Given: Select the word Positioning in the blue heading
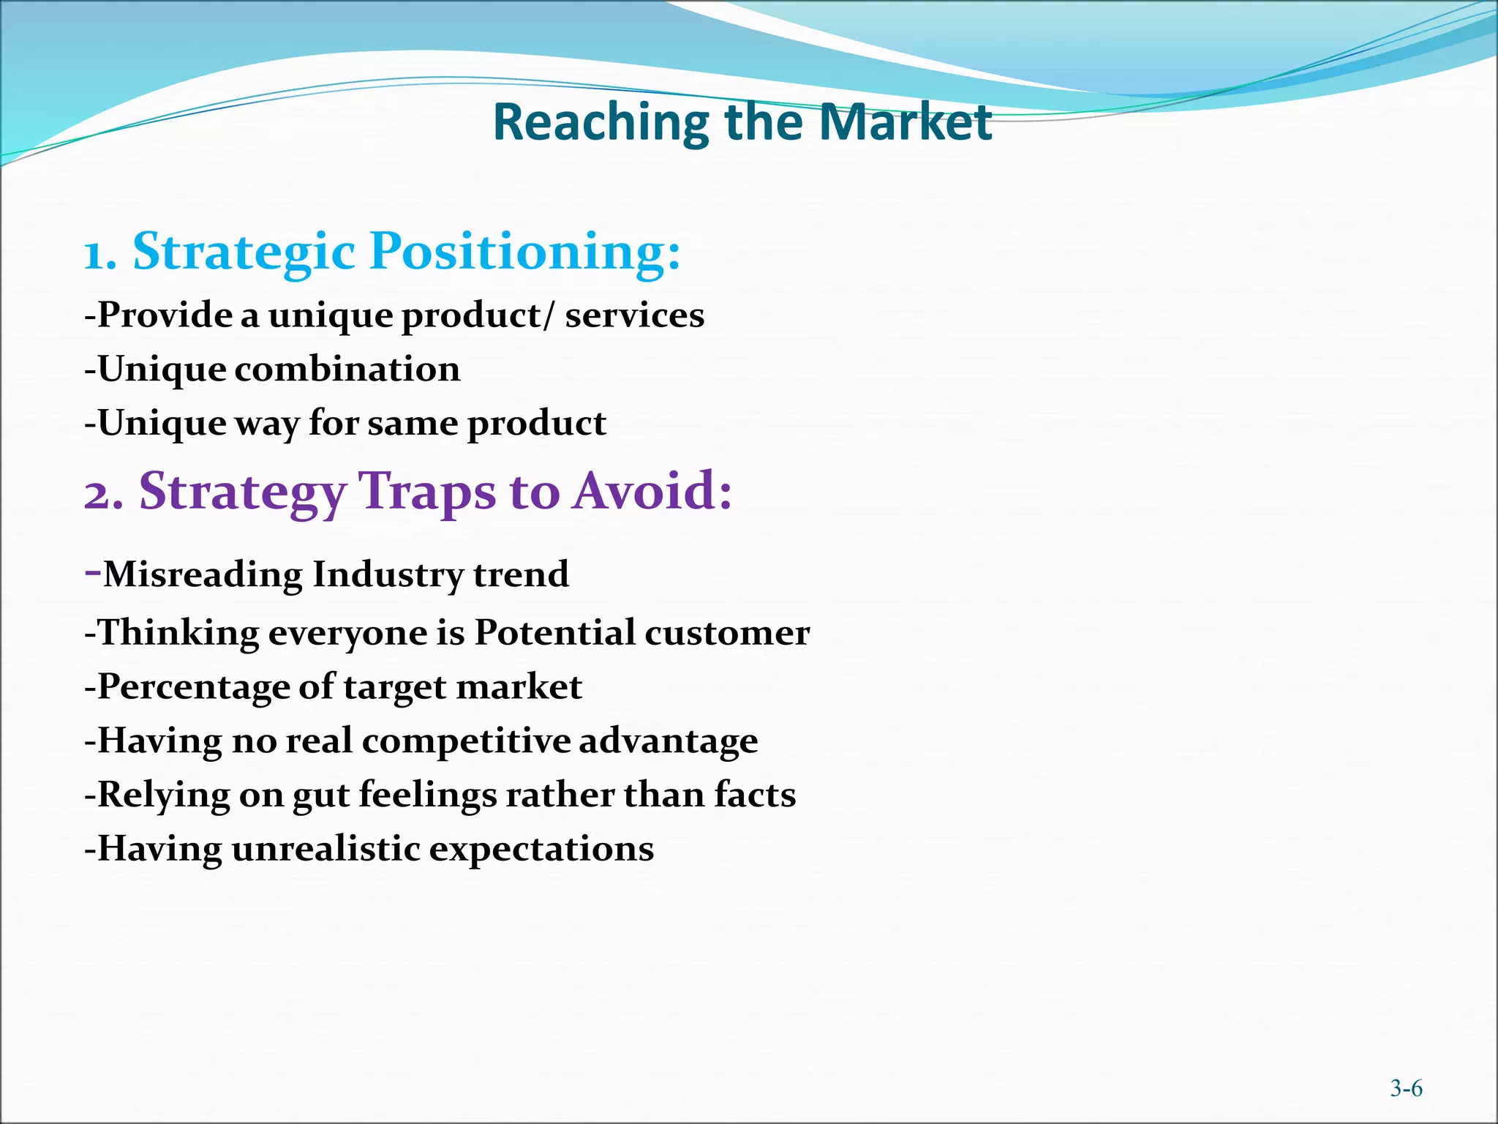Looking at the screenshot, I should (x=525, y=251).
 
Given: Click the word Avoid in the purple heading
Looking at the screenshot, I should (x=651, y=491).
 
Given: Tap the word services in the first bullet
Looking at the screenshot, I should (x=634, y=315).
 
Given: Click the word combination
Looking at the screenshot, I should (x=347, y=369).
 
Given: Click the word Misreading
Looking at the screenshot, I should (x=202, y=574).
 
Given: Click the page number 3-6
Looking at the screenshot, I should (x=1406, y=1088).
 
